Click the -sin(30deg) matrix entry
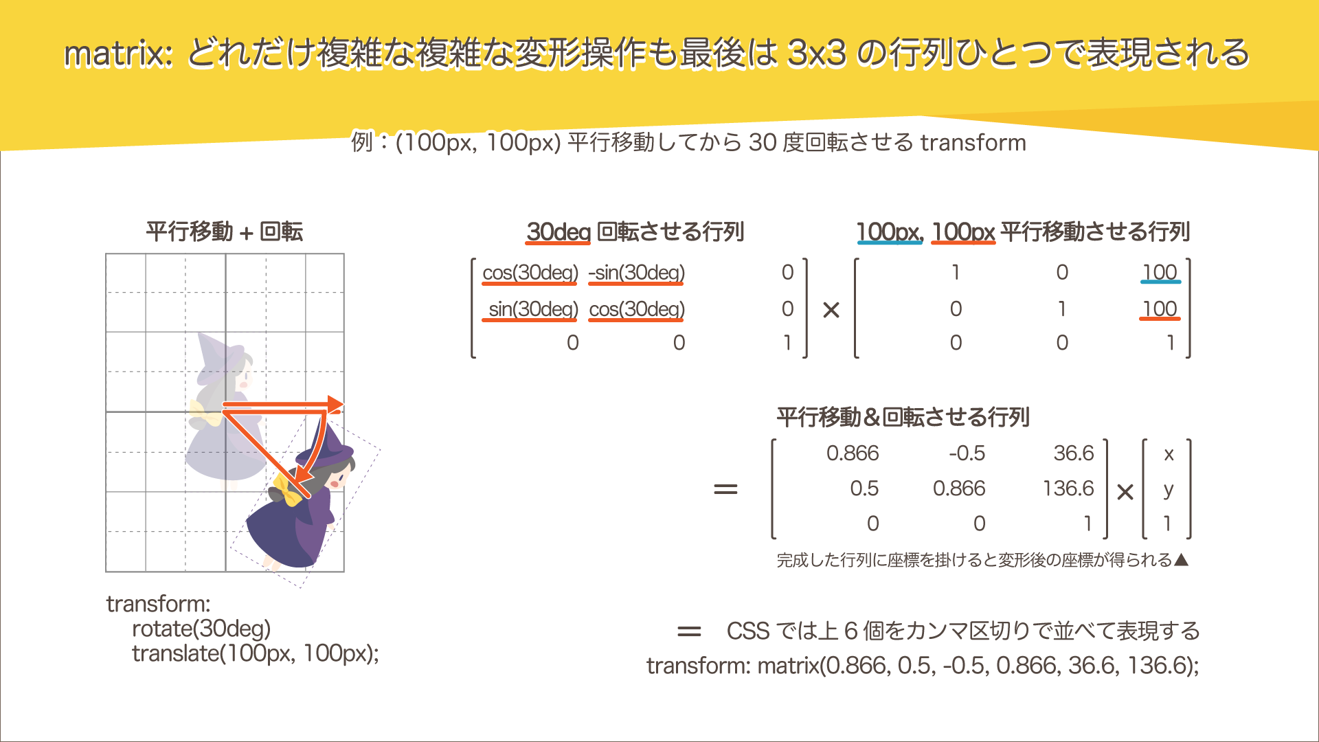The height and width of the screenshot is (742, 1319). [x=636, y=273]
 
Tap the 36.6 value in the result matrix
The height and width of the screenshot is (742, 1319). [x=1073, y=453]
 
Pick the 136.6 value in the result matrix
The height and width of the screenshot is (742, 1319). [x=1068, y=488]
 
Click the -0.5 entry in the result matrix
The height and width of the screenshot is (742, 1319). [x=967, y=453]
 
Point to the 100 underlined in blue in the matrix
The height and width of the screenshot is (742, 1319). [x=1160, y=273]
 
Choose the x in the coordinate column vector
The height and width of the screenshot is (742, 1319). [x=1169, y=454]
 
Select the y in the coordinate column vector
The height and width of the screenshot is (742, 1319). [x=1168, y=490]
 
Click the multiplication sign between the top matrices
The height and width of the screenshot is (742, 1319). [x=831, y=311]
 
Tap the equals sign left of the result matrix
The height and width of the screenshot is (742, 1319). [x=725, y=490]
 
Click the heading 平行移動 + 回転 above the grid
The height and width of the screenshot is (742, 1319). [x=224, y=232]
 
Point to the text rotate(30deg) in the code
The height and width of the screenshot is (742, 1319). [x=201, y=629]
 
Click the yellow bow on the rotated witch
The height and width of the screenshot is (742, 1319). [x=287, y=489]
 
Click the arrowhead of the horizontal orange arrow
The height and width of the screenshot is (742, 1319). [x=335, y=405]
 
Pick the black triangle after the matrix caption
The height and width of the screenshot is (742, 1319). [x=1181, y=560]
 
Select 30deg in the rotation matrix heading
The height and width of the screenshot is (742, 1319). [x=558, y=232]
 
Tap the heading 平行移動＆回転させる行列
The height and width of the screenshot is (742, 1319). [x=903, y=417]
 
